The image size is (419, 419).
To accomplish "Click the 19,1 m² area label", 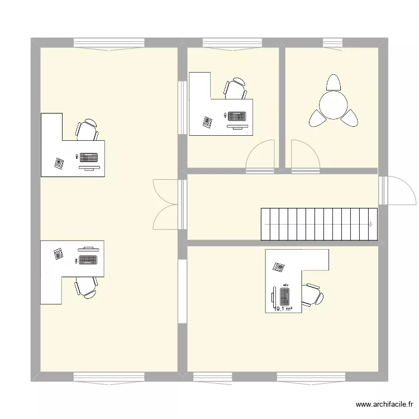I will point(284,307).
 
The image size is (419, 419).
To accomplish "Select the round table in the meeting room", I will point(333,104).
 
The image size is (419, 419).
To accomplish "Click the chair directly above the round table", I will point(334,83).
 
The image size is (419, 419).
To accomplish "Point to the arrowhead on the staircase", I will point(371,225).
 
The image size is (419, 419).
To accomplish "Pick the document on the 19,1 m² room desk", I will point(278,266).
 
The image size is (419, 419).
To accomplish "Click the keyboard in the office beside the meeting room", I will point(237,116).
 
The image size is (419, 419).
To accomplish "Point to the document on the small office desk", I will point(208,122).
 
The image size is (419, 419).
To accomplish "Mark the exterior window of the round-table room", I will point(332,43).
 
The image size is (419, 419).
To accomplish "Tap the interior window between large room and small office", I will point(182,107).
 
